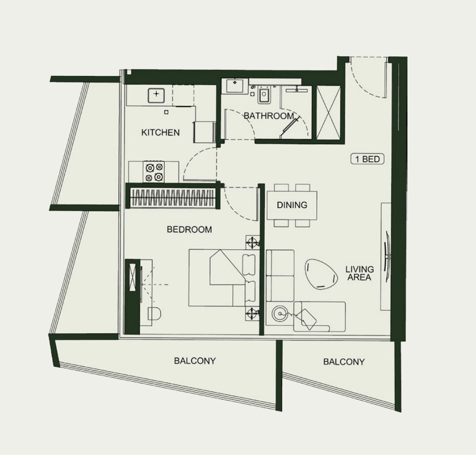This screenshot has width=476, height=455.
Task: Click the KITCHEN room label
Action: [x=160, y=132]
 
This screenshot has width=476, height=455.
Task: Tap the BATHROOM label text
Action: [x=269, y=116]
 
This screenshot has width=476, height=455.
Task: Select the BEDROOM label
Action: [x=189, y=229]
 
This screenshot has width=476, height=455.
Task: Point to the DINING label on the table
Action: [x=292, y=205]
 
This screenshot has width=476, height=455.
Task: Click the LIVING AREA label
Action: [x=360, y=273]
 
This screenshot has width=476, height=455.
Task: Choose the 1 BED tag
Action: [x=367, y=159]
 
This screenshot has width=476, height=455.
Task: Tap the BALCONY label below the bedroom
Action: [x=194, y=361]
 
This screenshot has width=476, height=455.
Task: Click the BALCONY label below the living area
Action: [x=344, y=362]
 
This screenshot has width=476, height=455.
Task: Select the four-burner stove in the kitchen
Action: [x=154, y=172]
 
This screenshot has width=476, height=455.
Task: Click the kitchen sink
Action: [x=156, y=95]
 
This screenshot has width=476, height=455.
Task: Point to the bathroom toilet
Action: [x=263, y=95]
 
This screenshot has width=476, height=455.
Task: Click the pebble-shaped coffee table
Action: [x=321, y=274]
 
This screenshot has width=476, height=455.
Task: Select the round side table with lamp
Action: [x=279, y=313]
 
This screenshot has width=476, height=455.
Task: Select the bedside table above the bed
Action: [x=253, y=242]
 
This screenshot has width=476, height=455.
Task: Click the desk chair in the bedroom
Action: [x=154, y=314]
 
